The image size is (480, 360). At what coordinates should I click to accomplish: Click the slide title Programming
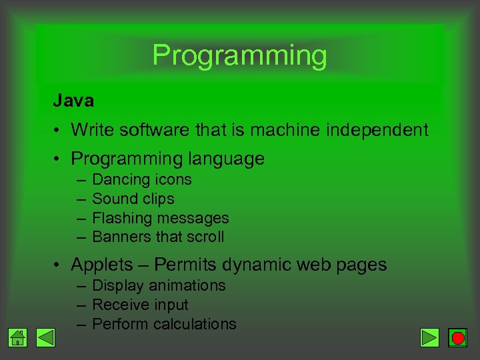239,56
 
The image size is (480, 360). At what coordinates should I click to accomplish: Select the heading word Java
73,101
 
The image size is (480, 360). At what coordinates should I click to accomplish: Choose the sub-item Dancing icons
141,180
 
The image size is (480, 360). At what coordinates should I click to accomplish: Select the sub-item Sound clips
133,199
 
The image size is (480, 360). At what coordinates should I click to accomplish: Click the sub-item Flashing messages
160,218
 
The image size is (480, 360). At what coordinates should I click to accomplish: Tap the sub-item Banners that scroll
158,237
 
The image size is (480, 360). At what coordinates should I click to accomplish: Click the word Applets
102,265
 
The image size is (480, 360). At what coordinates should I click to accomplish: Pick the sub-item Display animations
159,285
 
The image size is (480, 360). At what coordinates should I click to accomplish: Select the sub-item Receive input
140,305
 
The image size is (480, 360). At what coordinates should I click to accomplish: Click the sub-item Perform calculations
164,324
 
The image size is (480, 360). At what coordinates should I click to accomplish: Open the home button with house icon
19,338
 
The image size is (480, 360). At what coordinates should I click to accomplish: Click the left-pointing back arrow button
45,338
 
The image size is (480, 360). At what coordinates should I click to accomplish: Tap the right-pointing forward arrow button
430,338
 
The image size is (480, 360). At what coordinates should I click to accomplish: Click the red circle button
457,338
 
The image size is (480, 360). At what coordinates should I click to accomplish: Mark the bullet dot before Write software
59,131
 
